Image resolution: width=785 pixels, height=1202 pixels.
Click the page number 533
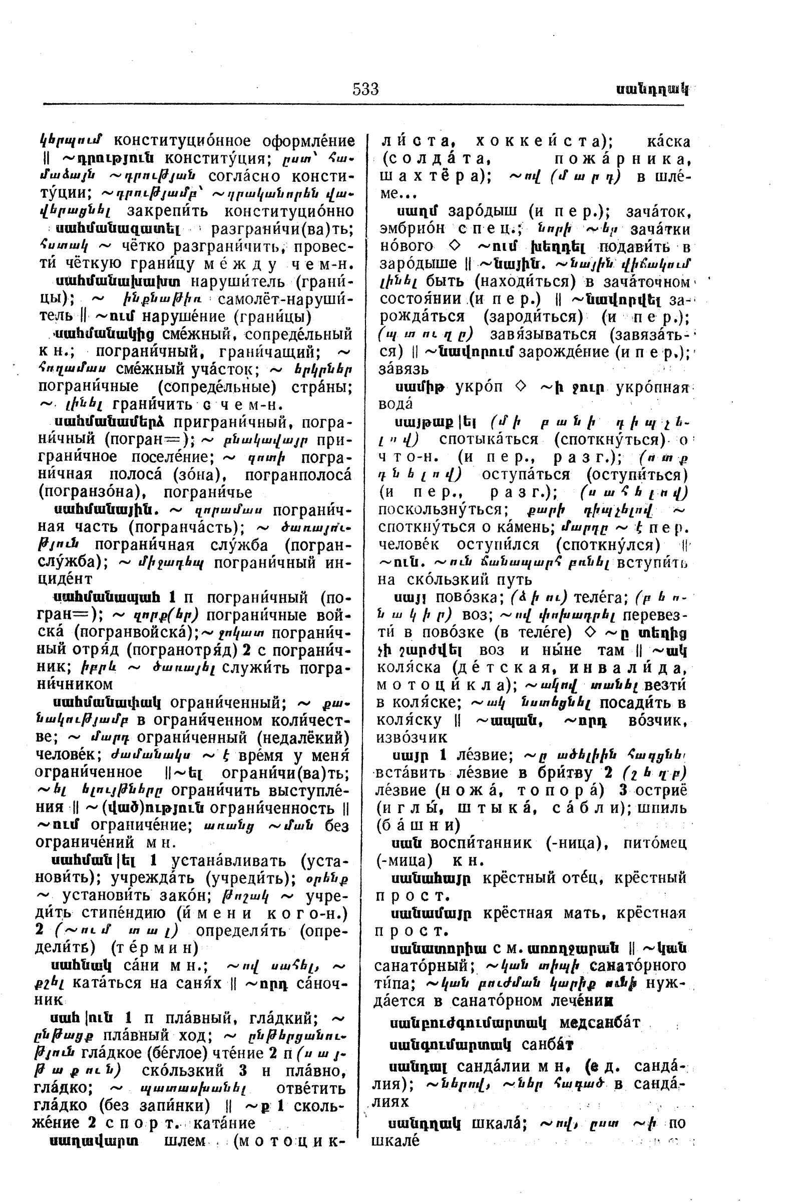click(x=365, y=89)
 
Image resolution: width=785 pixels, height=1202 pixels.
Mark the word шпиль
click(x=662, y=807)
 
